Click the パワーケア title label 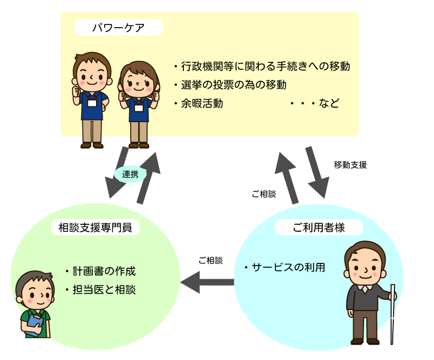click(x=118, y=28)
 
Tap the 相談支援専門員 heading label click(x=95, y=228)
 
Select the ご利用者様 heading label click(x=318, y=228)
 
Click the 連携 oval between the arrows click(x=130, y=174)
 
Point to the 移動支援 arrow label click(x=350, y=165)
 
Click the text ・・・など click(x=315, y=103)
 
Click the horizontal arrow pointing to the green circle click(x=207, y=282)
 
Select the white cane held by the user click(x=392, y=314)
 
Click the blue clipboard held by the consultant click(x=34, y=325)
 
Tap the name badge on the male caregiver click(x=92, y=103)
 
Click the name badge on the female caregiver click(x=139, y=108)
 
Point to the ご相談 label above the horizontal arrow click(x=210, y=261)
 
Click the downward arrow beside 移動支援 click(x=317, y=172)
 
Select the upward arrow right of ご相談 click(x=286, y=178)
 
